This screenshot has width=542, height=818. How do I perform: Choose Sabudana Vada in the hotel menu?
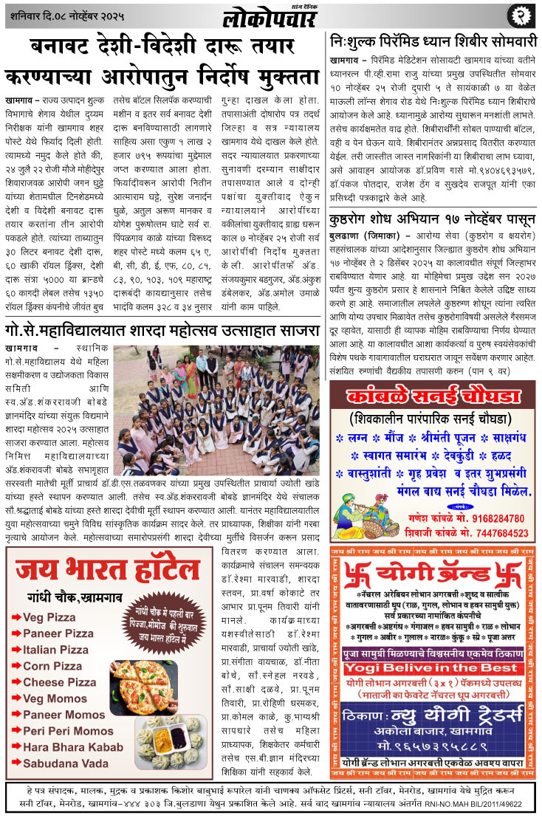point(66,763)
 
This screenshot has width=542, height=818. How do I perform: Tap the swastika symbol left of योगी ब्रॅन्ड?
point(358,574)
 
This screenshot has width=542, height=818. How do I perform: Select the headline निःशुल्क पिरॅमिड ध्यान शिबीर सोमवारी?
point(432,40)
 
